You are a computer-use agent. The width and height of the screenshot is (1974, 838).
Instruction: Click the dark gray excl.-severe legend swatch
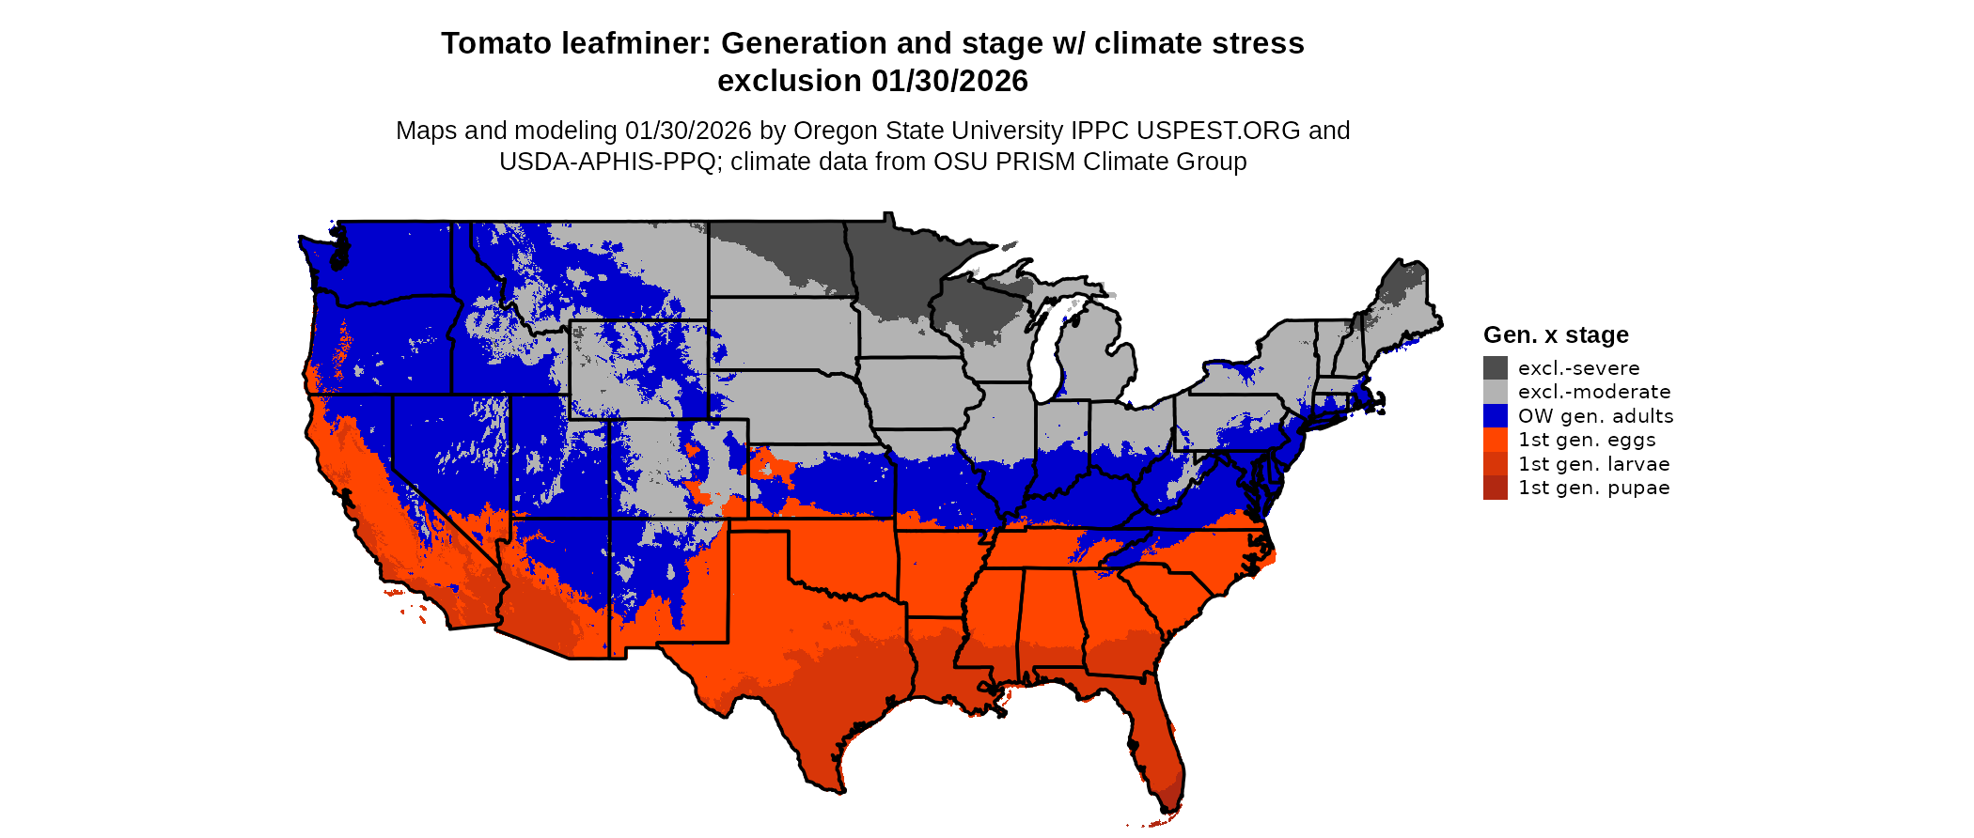1495,368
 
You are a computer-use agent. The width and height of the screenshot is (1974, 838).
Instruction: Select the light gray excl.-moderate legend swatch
1495,392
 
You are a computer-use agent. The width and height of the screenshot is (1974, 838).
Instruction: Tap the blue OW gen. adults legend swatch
1495,416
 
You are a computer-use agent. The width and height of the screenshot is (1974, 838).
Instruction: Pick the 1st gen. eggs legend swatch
1495,440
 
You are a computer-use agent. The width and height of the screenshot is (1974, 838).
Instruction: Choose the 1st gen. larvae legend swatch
1495,464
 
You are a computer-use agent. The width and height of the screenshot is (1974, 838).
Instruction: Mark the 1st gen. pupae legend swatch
1495,488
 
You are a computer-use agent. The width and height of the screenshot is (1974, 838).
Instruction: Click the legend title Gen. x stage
1556,335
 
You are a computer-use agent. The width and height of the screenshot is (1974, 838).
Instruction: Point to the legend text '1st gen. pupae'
1593,488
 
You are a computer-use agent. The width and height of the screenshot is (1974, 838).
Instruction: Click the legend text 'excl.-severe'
1578,368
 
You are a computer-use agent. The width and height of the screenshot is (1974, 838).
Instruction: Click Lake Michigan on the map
1045,348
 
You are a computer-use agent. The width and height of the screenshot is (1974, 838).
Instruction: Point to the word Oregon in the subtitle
852,131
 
